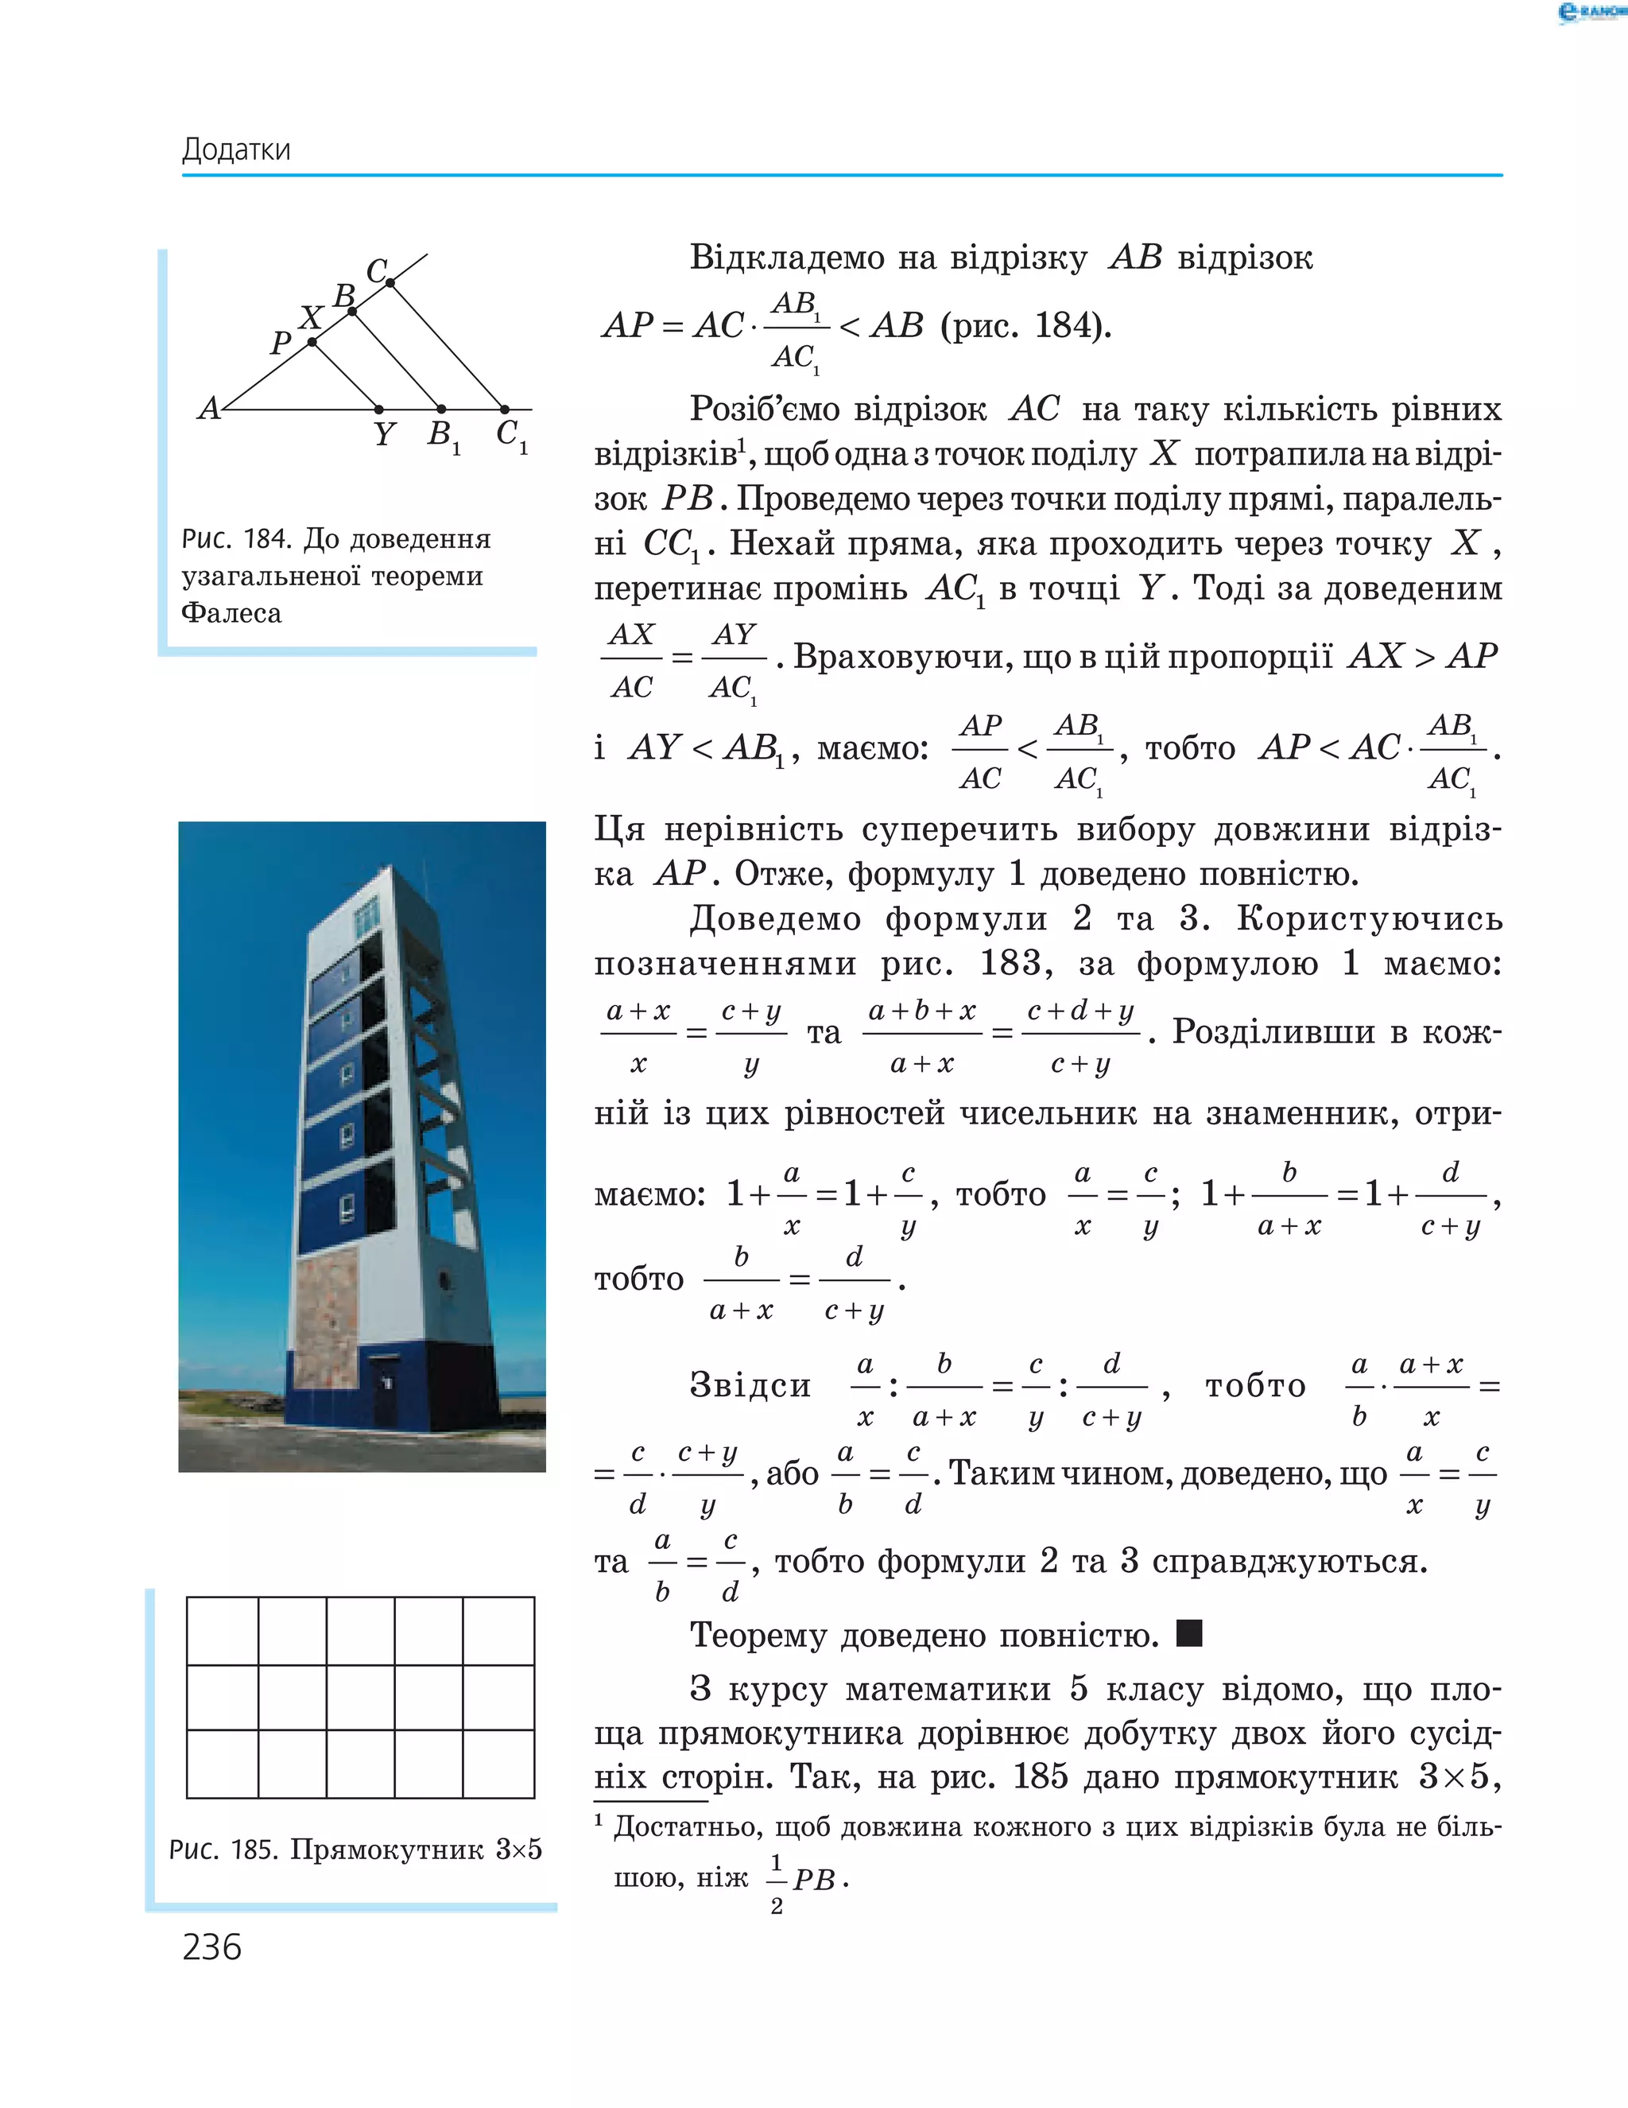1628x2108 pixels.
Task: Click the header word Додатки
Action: (x=235, y=149)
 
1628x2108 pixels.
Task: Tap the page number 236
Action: (x=211, y=1947)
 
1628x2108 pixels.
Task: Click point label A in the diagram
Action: (x=208, y=410)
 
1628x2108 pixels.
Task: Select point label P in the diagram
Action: (x=280, y=343)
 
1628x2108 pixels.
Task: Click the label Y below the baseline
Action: (x=384, y=435)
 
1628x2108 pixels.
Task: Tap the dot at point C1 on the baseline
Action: (x=504, y=410)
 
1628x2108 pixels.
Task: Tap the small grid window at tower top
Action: (x=366, y=916)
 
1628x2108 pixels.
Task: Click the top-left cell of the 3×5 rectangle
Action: (x=222, y=1630)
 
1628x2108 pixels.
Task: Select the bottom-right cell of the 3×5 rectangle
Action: (x=498, y=1764)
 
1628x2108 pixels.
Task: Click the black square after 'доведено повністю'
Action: (x=1189, y=1634)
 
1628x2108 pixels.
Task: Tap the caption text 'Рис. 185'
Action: (x=226, y=1850)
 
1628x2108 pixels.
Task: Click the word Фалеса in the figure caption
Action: (x=231, y=613)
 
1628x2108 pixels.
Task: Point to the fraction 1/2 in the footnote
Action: (x=776, y=1881)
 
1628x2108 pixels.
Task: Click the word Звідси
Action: (x=750, y=1385)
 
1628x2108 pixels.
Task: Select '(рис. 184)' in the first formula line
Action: (x=1025, y=326)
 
